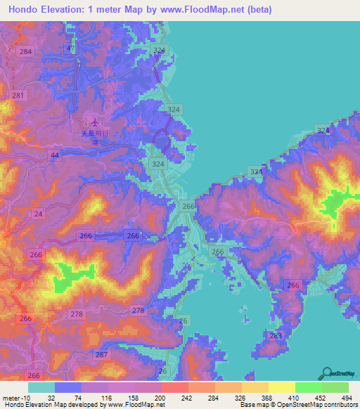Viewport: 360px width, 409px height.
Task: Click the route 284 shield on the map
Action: coord(26,53)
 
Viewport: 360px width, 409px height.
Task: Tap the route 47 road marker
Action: coord(70,48)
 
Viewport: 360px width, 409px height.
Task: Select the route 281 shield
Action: coord(18,96)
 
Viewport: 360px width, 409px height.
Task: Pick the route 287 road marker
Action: coord(101,355)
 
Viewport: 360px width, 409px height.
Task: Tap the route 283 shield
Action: coord(276,337)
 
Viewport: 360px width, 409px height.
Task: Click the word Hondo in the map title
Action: coord(21,10)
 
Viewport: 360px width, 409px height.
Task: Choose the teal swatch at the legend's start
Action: coord(41,387)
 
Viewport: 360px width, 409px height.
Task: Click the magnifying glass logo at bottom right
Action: coord(328,373)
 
